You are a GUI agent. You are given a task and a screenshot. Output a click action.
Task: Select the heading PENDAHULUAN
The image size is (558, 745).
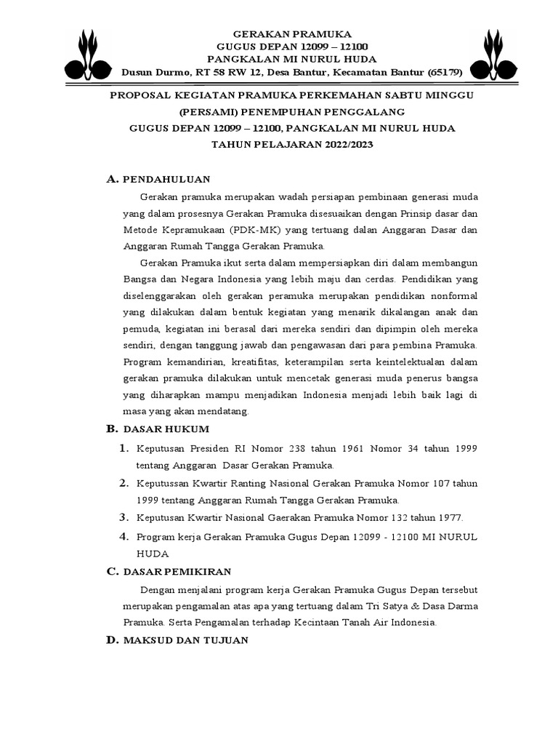point(166,178)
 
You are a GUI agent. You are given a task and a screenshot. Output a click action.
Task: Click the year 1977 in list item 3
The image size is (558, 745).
point(448,518)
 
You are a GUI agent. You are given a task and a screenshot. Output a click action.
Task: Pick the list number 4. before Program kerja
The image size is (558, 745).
point(124,537)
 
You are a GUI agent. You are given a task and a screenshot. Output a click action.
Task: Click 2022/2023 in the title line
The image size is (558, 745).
point(339,144)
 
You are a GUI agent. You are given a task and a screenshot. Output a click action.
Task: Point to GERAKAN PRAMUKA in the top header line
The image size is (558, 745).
point(291,34)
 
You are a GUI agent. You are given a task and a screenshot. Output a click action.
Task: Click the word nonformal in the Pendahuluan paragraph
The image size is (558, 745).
point(449,297)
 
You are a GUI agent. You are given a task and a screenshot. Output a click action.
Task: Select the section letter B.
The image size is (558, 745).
point(111,429)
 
